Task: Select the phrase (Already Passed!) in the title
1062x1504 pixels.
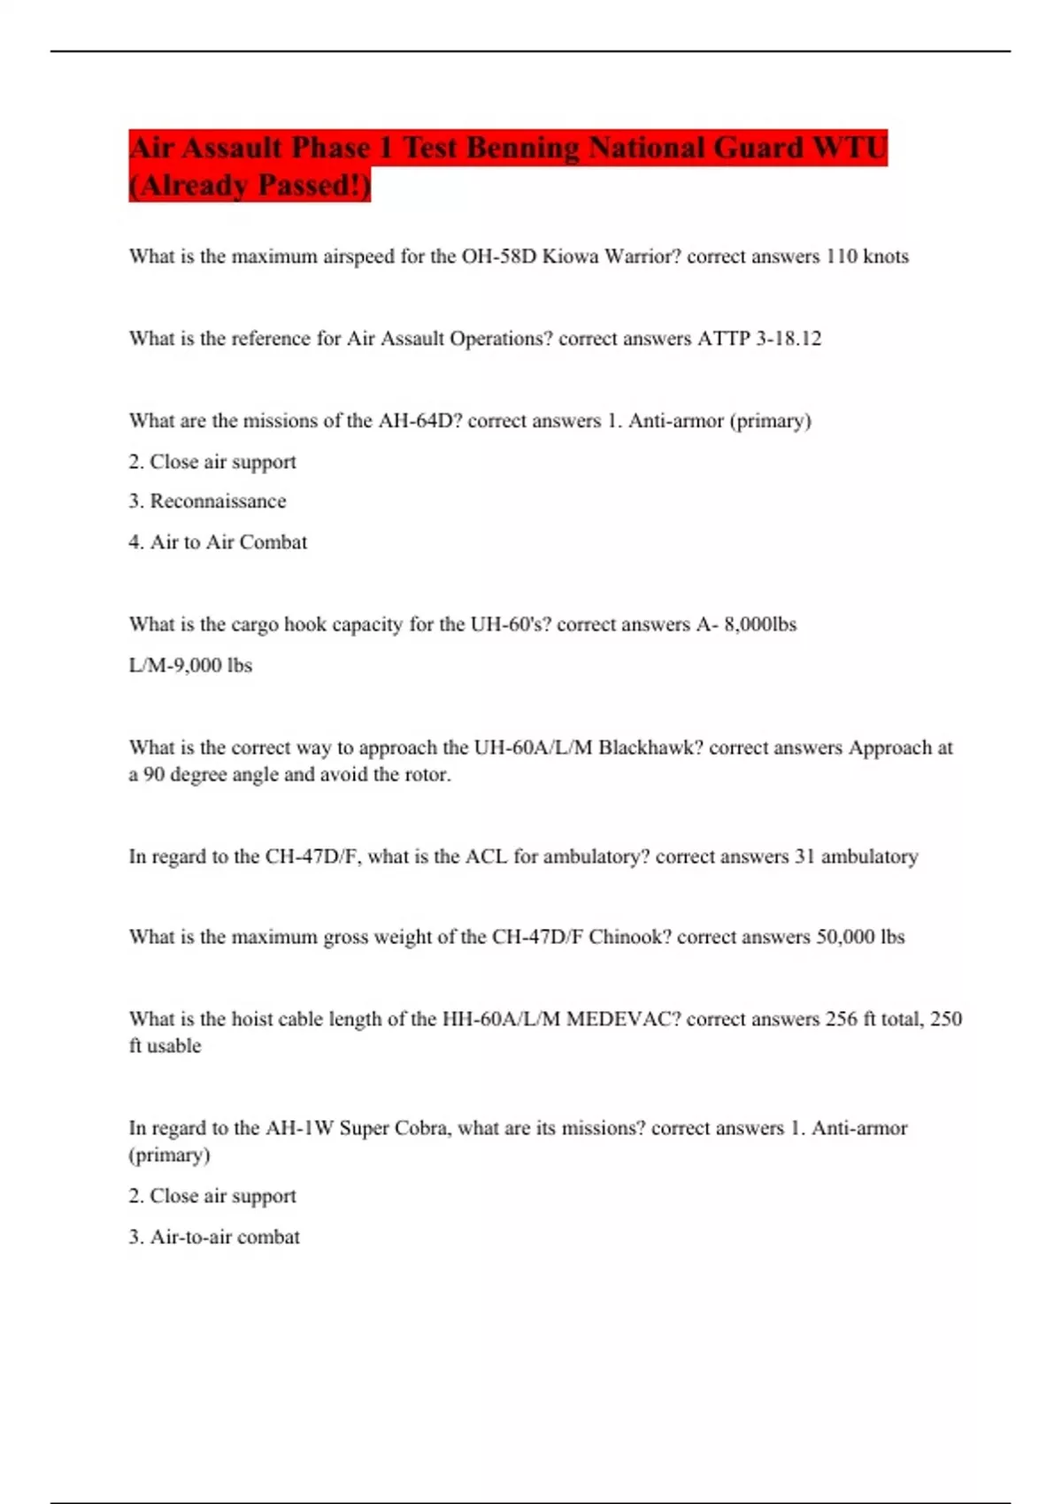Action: pyautogui.click(x=250, y=185)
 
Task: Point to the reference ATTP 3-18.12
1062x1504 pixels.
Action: pyautogui.click(x=759, y=339)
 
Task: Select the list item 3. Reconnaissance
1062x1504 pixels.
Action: pyautogui.click(x=207, y=502)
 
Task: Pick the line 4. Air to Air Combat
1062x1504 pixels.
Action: pyautogui.click(x=218, y=542)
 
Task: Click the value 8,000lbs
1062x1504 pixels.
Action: pyautogui.click(x=760, y=625)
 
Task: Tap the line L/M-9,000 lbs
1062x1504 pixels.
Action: pyautogui.click(x=190, y=665)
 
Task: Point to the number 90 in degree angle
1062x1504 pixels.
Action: pyautogui.click(x=154, y=775)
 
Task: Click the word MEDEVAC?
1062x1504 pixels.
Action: pyautogui.click(x=623, y=1019)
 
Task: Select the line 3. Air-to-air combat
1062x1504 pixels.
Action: pyautogui.click(x=214, y=1237)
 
